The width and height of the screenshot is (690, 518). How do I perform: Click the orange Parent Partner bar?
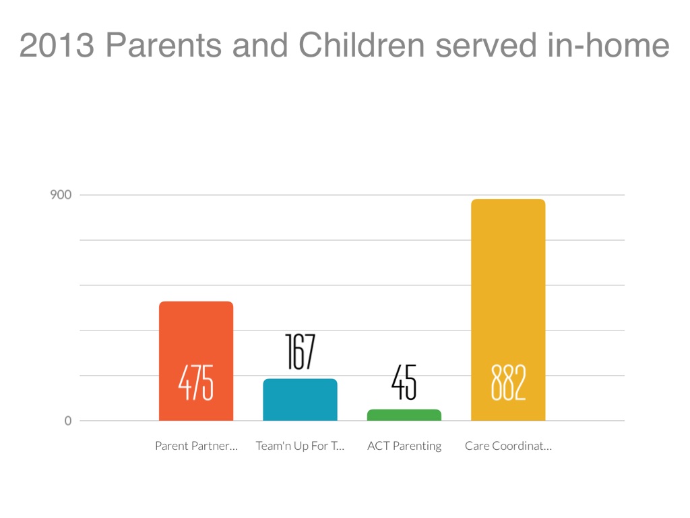(195, 337)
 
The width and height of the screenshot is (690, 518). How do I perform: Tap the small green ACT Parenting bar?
(404, 415)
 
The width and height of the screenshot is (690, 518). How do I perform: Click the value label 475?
(195, 383)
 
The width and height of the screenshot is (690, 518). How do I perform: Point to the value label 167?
(300, 351)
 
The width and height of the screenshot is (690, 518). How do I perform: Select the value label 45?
(404, 383)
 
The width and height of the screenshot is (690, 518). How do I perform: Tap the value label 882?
(507, 383)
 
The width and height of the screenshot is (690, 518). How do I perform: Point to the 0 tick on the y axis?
(67, 421)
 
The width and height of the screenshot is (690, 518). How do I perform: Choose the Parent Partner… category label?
(196, 446)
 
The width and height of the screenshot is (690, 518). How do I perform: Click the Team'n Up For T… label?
(300, 446)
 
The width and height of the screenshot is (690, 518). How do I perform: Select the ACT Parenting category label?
(404, 446)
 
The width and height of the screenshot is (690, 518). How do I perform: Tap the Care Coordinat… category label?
(508, 446)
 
